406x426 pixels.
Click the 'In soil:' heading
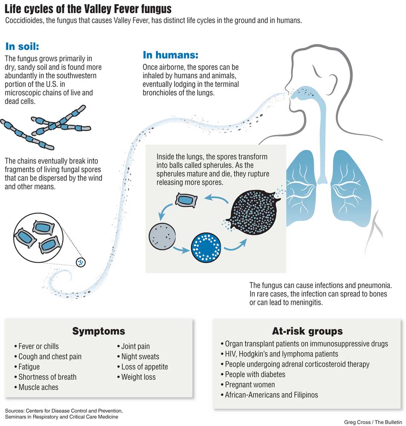[22, 46]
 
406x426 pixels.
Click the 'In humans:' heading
[170, 55]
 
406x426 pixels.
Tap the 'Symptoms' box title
[99, 331]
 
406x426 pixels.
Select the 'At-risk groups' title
[307, 331]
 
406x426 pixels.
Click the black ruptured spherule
[253, 212]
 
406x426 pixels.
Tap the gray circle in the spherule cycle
[162, 236]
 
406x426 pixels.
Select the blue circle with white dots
[206, 248]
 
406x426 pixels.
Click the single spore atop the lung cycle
[186, 200]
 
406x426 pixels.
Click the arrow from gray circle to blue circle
[181, 249]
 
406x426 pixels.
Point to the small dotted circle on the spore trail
[81, 262]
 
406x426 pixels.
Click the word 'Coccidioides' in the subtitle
[24, 20]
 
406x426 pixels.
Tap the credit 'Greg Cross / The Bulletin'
[373, 422]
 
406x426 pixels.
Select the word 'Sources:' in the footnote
[14, 411]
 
